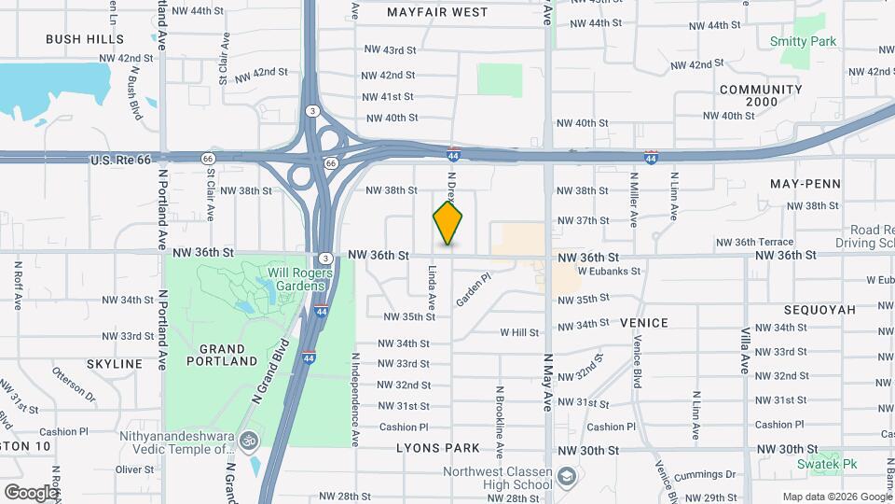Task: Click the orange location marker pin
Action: pos(447,223)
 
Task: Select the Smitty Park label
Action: pos(803,41)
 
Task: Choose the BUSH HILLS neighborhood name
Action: pos(85,39)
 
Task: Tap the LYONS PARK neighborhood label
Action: pos(437,448)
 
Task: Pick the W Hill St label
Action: pos(519,332)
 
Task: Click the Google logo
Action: pos(31,492)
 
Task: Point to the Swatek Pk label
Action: pos(826,464)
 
